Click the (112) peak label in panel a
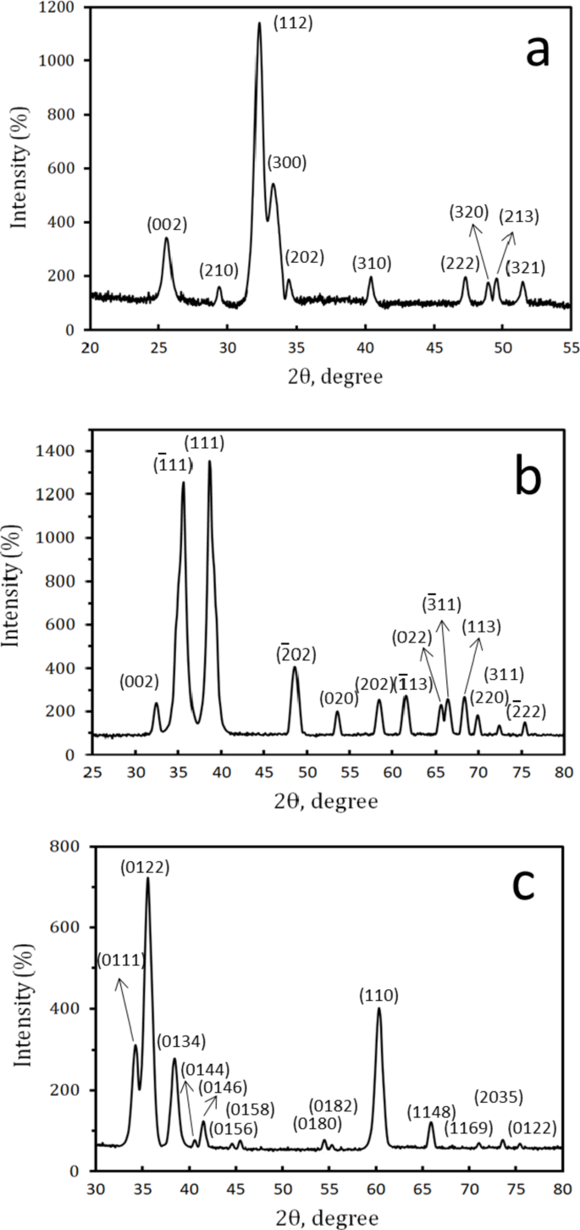point(293,24)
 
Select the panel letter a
point(538,53)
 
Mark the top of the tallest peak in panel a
point(259,23)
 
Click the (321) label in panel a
point(525,268)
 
